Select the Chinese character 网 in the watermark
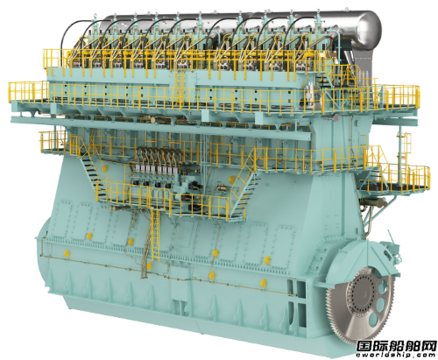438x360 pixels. (x=427, y=347)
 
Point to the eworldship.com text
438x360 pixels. (x=396, y=356)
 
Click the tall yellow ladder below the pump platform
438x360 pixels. (x=155, y=235)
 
